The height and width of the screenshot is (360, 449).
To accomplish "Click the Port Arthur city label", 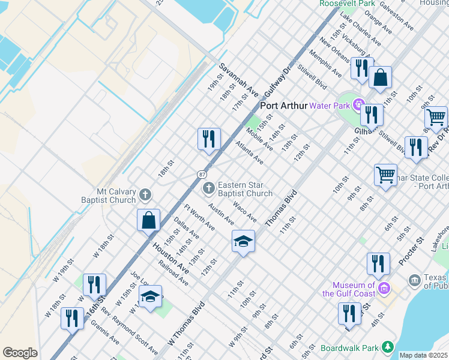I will [x=284, y=106].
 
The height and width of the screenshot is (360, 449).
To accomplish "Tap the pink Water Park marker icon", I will [x=360, y=105].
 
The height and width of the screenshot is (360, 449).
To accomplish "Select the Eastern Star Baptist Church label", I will [x=245, y=189].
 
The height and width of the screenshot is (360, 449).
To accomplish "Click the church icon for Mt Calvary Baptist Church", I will [x=145, y=194].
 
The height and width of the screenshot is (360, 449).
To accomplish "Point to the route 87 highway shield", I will [x=203, y=174].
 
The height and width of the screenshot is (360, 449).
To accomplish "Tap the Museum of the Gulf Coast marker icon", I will [x=385, y=289].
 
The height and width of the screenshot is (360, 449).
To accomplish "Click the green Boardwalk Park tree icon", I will [x=388, y=347].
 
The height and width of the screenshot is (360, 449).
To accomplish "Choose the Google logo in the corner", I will [x=20, y=353].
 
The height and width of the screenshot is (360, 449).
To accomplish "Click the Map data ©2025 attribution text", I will [x=423, y=355].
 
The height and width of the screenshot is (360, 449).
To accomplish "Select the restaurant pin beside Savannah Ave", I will [x=209, y=139].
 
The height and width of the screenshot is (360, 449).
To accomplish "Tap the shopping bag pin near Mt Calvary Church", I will [x=149, y=220].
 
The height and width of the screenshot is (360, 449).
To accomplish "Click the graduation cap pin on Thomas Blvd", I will [x=243, y=241].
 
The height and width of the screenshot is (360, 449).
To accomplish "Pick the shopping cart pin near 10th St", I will [x=385, y=175].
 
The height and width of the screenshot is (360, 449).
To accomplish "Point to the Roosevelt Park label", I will [x=347, y=4].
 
